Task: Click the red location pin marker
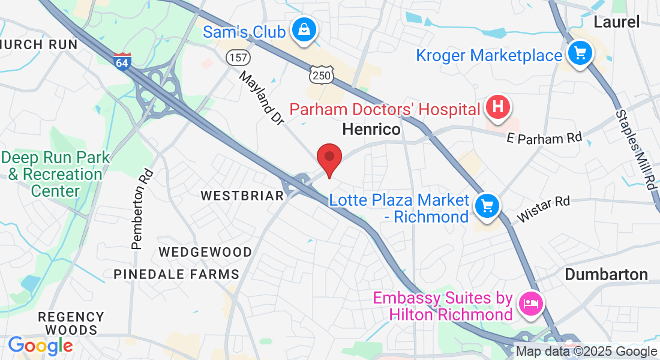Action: (329, 159)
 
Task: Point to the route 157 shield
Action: (237, 58)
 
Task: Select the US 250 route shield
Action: (320, 75)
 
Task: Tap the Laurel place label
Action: (616, 22)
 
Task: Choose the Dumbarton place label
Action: (607, 275)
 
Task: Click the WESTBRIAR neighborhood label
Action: (242, 196)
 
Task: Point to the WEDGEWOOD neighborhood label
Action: (205, 252)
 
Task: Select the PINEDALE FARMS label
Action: (176, 275)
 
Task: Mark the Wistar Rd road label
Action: (543, 209)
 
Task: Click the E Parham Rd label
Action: (544, 138)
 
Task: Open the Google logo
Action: (40, 346)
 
